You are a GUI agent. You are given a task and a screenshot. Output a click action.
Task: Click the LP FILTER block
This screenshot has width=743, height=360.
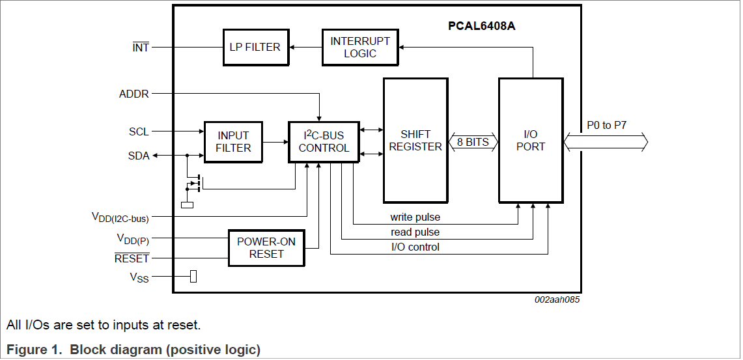tap(255, 47)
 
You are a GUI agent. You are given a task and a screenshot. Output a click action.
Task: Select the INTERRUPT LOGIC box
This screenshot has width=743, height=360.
tap(360, 47)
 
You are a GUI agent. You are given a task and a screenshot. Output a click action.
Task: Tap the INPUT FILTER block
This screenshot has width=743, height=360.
tap(233, 141)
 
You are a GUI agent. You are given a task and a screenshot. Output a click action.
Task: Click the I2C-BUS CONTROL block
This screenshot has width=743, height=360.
tap(324, 141)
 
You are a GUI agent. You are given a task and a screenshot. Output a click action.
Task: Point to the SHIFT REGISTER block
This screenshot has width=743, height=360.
tap(415, 140)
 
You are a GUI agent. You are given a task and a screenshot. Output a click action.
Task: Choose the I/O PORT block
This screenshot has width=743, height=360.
tap(530, 140)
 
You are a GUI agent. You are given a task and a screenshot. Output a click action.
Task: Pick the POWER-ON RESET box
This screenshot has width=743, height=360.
tap(266, 247)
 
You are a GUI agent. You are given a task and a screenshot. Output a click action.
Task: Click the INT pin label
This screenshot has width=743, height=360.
tap(141, 48)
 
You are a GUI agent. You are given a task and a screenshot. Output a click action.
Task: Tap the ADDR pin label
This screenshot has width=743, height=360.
tap(134, 94)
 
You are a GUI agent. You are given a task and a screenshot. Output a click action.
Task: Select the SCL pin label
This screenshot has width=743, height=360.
tap(139, 132)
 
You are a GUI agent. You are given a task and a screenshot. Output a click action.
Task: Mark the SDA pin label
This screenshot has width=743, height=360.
tap(139, 156)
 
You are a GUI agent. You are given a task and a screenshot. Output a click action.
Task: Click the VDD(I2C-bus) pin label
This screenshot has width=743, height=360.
tap(120, 217)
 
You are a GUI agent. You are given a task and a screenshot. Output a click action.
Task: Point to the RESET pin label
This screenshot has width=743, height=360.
tap(132, 258)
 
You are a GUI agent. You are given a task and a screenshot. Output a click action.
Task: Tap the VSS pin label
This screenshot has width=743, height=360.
tap(139, 278)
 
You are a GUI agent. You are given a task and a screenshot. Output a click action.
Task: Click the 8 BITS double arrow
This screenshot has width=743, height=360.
tap(473, 142)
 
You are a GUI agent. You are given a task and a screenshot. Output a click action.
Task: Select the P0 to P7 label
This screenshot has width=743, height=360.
tap(606, 124)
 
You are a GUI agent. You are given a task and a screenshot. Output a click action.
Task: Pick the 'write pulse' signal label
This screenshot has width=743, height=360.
tap(415, 217)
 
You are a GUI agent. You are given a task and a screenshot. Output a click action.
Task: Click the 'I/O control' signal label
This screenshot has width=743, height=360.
tap(415, 247)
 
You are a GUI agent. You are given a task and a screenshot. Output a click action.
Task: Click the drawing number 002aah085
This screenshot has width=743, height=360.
tap(557, 300)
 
